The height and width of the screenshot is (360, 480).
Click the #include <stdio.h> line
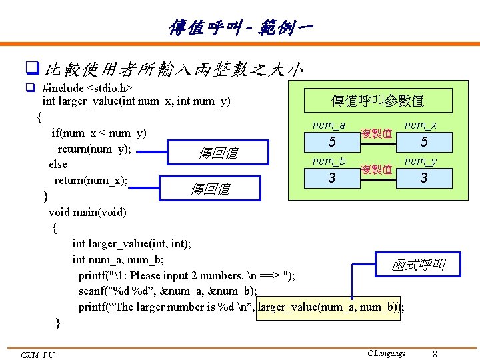click(87, 87)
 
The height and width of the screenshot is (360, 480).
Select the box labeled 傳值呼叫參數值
click(377, 101)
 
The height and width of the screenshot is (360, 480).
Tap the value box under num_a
click(331, 142)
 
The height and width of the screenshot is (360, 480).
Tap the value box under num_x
click(423, 142)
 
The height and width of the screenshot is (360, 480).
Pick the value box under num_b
click(331, 178)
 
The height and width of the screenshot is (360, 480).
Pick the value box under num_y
click(423, 178)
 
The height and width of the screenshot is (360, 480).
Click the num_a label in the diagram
click(329, 125)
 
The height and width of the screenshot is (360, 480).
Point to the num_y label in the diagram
click(421, 161)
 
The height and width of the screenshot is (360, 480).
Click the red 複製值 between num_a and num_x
click(376, 133)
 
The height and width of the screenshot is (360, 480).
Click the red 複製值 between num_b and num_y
click(376, 169)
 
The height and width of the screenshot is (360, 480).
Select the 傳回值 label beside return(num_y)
click(217, 153)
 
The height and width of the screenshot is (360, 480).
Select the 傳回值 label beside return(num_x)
click(210, 188)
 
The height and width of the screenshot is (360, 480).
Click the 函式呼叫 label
click(418, 265)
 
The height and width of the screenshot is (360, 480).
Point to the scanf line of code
click(167, 291)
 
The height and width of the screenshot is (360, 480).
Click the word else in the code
click(58, 164)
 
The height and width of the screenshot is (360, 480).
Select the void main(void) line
click(87, 212)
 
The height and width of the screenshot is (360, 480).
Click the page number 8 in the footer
click(435, 353)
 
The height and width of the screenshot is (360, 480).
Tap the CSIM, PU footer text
click(37, 355)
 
